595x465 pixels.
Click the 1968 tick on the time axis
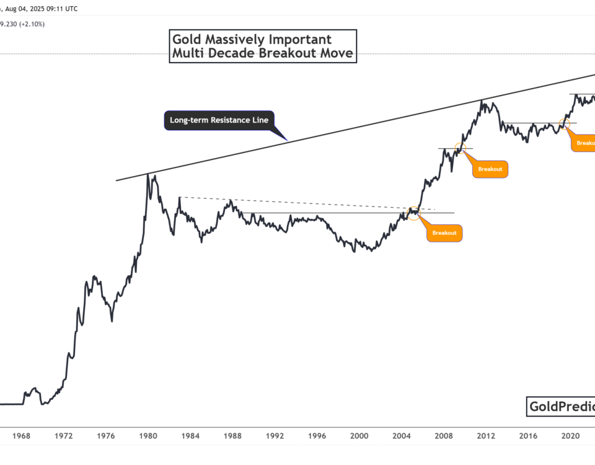pos(21,436)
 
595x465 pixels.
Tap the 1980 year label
pos(148,436)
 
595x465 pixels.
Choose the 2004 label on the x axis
pos(401,436)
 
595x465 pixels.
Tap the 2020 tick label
pos(570,436)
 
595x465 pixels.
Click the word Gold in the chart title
pos(188,40)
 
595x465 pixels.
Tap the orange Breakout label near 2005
pos(444,232)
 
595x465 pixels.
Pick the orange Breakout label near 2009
pos(490,169)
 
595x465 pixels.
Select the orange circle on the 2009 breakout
pos(460,148)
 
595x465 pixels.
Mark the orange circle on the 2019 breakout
pos(564,123)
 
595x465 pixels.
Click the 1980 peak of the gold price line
pos(148,175)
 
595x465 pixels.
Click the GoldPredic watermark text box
pos(560,407)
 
